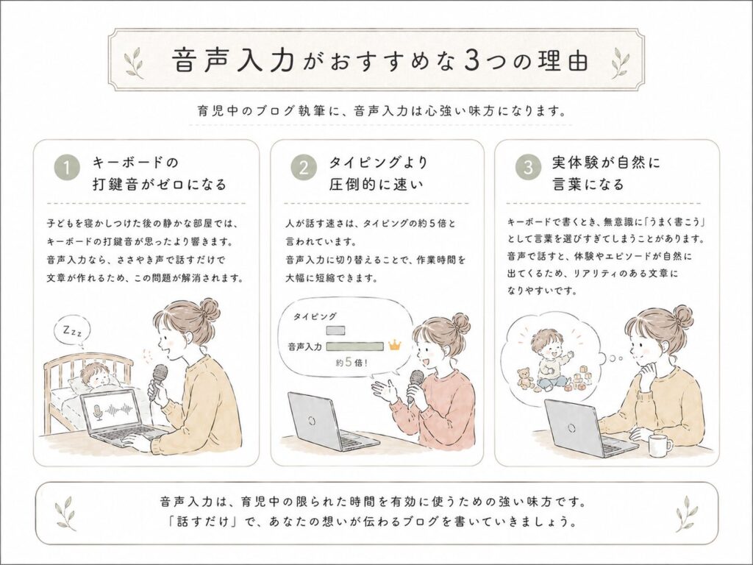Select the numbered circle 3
coord(528,168)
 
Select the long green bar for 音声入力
coord(355,346)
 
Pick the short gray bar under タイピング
coord(335,330)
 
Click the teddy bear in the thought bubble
coord(524,377)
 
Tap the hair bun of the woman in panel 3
coord(682,318)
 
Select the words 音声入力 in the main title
coord(233,60)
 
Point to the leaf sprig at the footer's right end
coord(686,514)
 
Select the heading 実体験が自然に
coord(606,163)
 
